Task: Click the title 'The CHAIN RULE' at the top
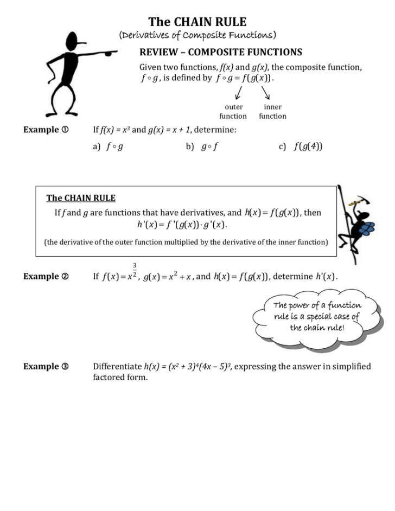pyautogui.click(x=197, y=22)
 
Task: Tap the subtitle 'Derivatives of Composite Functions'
pyautogui.click(x=197, y=35)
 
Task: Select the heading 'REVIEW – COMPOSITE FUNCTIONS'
pyautogui.click(x=221, y=53)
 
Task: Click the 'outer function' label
pyautogui.click(x=233, y=112)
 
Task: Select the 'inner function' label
pyautogui.click(x=272, y=112)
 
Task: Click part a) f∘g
pyautogui.click(x=108, y=147)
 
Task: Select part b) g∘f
pyautogui.click(x=202, y=147)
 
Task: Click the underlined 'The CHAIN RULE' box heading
pyautogui.click(x=81, y=198)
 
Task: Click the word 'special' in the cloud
pyautogui.click(x=314, y=317)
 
